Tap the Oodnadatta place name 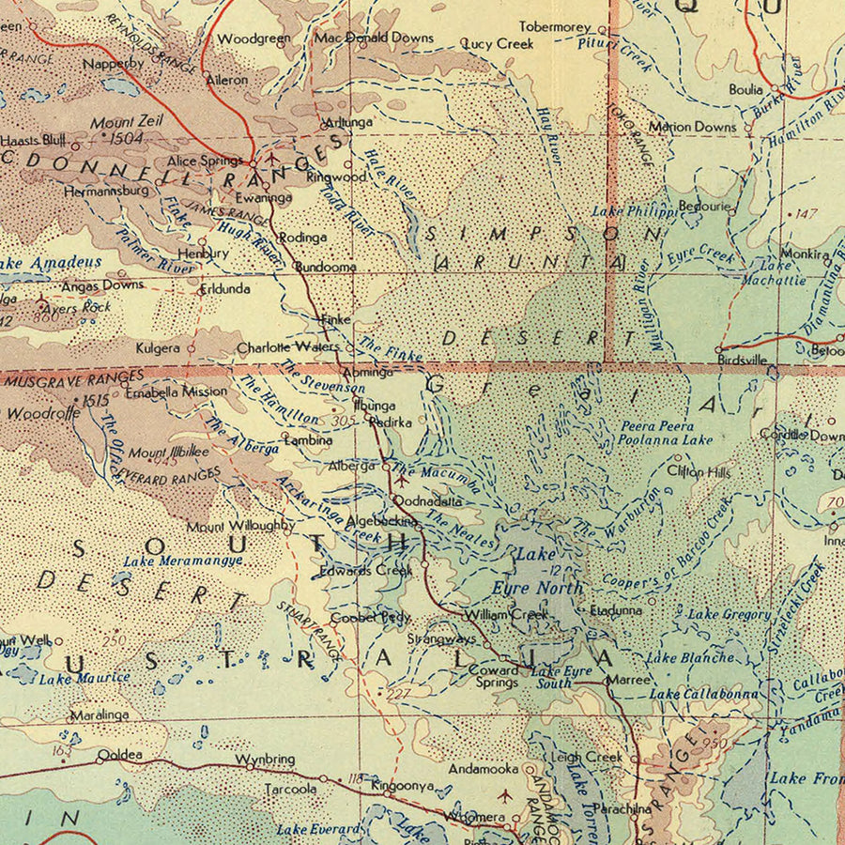coord(428,501)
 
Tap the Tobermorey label coord(555,27)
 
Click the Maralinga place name coord(99,714)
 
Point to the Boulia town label coord(746,90)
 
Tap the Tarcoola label coord(289,790)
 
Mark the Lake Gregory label coord(729,614)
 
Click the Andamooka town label coord(483,767)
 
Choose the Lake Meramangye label coord(183,561)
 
